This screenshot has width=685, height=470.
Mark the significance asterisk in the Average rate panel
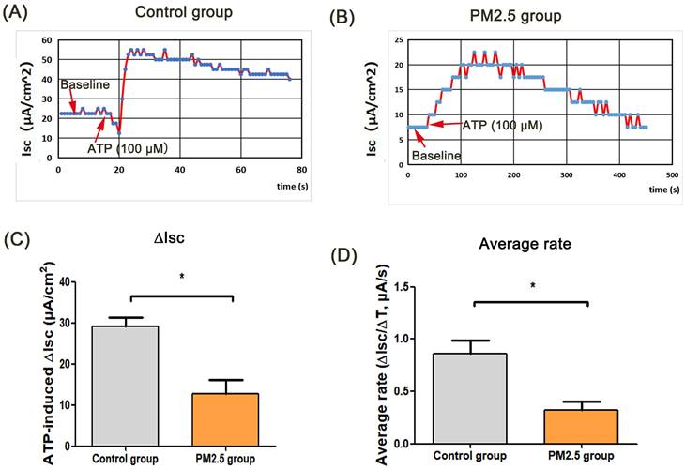531,284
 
